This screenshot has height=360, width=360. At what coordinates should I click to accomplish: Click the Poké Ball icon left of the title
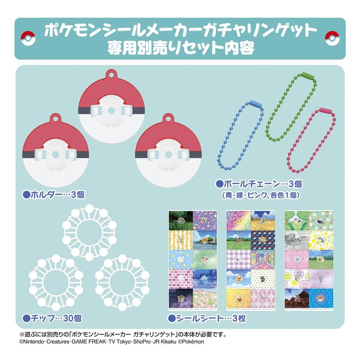click(28, 39)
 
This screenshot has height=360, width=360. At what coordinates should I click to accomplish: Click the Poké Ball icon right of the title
click(332, 39)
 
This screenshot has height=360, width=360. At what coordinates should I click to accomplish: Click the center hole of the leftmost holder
click(56, 154)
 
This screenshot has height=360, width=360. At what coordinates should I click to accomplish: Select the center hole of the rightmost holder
click(168, 154)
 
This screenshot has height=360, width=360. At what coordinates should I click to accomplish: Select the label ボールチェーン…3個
click(258, 184)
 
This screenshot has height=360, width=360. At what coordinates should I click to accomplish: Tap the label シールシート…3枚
click(207, 319)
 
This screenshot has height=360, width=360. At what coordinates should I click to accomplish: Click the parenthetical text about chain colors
click(262, 194)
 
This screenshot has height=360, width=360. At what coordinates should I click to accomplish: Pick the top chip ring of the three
click(89, 232)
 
